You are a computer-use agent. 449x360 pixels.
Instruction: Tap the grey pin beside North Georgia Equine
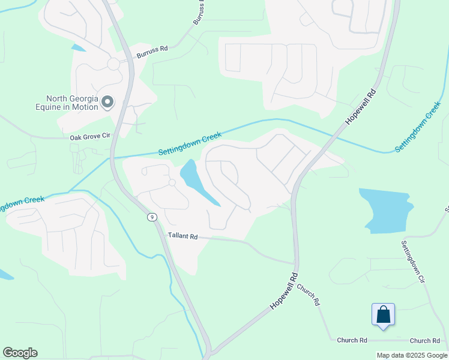tap(107, 103)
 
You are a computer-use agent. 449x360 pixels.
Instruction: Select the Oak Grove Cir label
tap(91, 137)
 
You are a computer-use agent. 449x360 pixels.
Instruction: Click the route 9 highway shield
tap(152, 217)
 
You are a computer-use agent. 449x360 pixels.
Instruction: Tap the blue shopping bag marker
tap(383, 315)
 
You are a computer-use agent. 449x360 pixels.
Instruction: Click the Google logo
tap(20, 353)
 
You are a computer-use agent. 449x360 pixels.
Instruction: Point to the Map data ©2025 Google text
tap(412, 355)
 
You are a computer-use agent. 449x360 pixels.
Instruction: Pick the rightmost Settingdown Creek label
tap(418, 127)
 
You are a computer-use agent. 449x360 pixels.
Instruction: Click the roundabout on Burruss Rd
tap(113, 64)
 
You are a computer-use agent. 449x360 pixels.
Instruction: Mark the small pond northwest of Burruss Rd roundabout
tap(77, 47)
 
